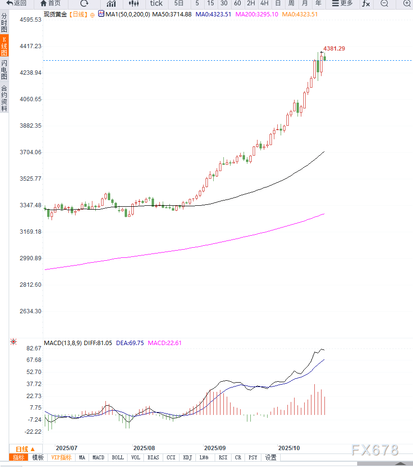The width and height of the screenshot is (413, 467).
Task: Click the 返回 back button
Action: pyautogui.click(x=16, y=3)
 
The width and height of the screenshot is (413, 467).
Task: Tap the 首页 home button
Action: pyautogui.click(x=51, y=3)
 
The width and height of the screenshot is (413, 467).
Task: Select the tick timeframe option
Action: pyautogui.click(x=156, y=3)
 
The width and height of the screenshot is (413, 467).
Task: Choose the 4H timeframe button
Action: pyautogui.click(x=264, y=3)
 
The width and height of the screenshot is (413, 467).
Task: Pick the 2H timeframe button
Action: pyautogui.click(x=251, y=3)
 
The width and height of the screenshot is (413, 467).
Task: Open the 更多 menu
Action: pyautogui.click(x=342, y=3)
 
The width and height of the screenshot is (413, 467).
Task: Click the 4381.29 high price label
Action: pyautogui.click(x=334, y=49)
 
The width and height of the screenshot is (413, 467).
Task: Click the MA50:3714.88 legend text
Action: pyautogui.click(x=172, y=14)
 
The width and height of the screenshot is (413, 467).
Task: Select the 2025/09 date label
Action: pyautogui.click(x=215, y=448)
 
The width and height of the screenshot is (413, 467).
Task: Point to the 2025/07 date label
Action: pyautogui.click(x=67, y=448)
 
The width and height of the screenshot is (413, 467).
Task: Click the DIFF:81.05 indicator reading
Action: pyautogui.click(x=98, y=343)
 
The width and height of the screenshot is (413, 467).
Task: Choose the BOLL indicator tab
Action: pyautogui.click(x=117, y=457)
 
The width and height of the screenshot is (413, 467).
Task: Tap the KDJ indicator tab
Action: pyautogui.click(x=187, y=457)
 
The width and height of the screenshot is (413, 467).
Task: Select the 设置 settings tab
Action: pyautogui.click(x=271, y=457)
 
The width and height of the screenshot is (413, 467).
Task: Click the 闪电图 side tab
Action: pyautogui.click(x=4, y=70)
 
